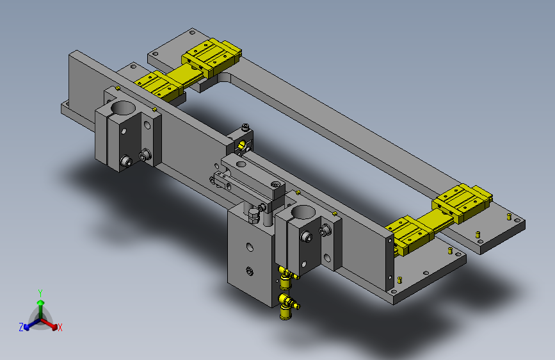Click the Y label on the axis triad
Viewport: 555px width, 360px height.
pyautogui.click(x=40, y=291)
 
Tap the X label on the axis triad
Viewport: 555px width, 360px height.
pyautogui.click(x=60, y=328)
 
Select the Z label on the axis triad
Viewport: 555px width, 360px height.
pyautogui.click(x=21, y=327)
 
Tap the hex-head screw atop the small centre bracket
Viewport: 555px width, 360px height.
pyautogui.click(x=245, y=127)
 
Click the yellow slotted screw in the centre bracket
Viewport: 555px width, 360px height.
pyautogui.click(x=241, y=147)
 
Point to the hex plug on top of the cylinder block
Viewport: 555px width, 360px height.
pyautogui.click(x=253, y=214)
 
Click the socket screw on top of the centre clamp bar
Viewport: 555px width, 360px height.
pyautogui.click(x=275, y=184)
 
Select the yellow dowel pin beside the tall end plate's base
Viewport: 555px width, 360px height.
pyautogui.click(x=400, y=279)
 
